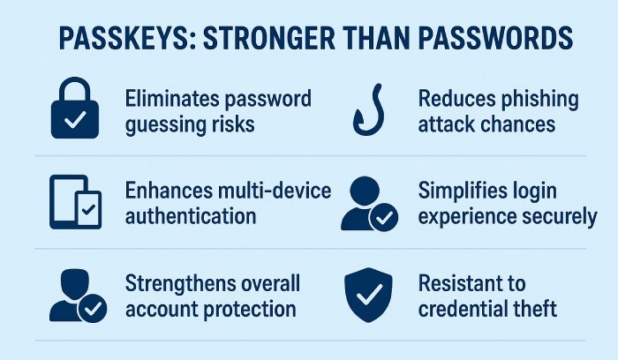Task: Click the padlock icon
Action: tap(76, 110)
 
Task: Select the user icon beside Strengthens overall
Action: tap(74, 296)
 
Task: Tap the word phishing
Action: tap(534, 98)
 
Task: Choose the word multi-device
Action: tap(269, 191)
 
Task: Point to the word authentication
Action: tap(191, 215)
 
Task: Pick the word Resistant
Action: tap(471, 284)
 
